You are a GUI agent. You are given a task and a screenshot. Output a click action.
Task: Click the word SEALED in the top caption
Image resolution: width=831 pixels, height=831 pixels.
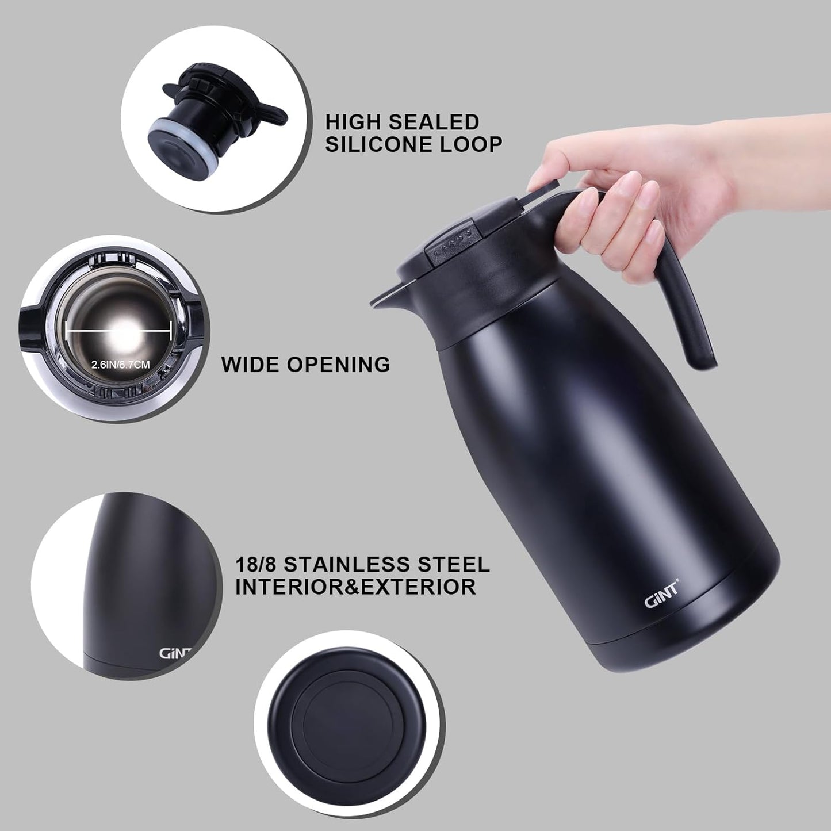tap(434, 122)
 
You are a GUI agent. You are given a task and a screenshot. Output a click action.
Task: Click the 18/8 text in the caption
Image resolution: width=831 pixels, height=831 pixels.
tap(256, 564)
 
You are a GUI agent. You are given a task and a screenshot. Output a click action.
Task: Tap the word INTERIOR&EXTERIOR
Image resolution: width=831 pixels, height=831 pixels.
tap(355, 587)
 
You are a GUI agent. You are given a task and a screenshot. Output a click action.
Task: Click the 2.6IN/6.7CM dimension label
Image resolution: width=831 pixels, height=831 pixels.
tap(121, 365)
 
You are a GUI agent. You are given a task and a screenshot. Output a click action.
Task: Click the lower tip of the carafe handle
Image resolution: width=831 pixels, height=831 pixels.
tap(702, 361)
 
